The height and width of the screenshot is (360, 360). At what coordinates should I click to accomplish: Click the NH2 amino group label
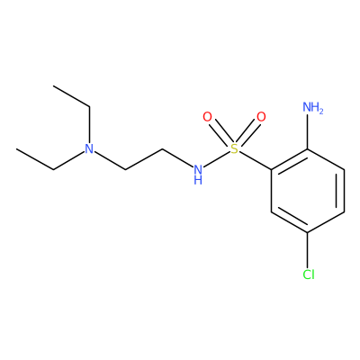click(x=313, y=107)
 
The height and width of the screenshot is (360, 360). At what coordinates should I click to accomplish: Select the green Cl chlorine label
click(x=309, y=274)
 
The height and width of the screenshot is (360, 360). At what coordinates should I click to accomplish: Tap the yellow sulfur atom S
click(x=234, y=148)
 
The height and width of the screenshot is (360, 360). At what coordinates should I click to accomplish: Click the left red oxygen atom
click(x=207, y=117)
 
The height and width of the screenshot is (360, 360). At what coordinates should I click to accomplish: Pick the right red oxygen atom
click(x=261, y=117)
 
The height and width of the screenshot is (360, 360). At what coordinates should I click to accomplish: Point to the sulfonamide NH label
click(x=198, y=174)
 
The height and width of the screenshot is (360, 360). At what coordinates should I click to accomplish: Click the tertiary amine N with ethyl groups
click(x=89, y=148)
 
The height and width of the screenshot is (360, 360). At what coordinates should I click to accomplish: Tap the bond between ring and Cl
click(x=308, y=249)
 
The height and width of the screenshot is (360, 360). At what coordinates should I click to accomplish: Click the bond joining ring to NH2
click(x=308, y=132)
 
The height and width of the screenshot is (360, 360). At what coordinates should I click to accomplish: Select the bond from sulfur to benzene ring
click(x=256, y=161)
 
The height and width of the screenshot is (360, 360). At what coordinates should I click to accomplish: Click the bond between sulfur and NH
click(x=216, y=159)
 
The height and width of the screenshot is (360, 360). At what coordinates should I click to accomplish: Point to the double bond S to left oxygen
click(x=220, y=132)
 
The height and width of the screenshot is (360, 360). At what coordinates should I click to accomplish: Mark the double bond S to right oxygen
click(x=247, y=132)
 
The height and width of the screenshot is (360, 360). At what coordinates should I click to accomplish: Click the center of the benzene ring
click(x=308, y=191)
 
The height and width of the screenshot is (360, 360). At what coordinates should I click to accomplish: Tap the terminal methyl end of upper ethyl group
click(x=53, y=86)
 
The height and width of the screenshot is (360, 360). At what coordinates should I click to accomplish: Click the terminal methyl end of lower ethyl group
click(x=17, y=148)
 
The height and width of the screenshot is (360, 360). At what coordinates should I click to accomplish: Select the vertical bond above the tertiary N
click(x=89, y=124)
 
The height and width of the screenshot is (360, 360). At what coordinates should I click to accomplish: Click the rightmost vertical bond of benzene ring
click(x=344, y=191)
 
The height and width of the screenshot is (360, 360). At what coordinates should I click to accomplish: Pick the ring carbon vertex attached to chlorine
click(x=308, y=232)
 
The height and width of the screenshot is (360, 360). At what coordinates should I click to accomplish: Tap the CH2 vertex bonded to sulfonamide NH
click(x=162, y=148)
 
